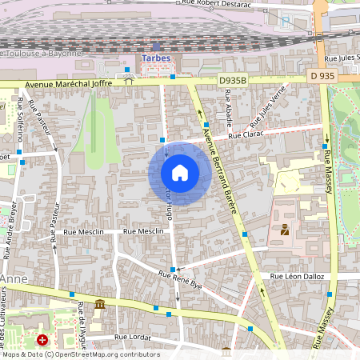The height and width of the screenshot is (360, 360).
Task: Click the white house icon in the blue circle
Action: coord(180,173)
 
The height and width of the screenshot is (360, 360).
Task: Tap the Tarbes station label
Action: coord(156,58)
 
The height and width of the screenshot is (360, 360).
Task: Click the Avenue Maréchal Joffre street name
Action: coord(68,82)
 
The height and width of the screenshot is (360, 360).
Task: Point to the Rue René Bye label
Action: coord(181,279)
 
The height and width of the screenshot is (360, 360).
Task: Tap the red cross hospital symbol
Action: coord(42,340)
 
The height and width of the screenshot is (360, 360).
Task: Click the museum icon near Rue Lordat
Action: coord(99,304)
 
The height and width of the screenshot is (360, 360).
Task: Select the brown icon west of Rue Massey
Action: coord(284,230)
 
